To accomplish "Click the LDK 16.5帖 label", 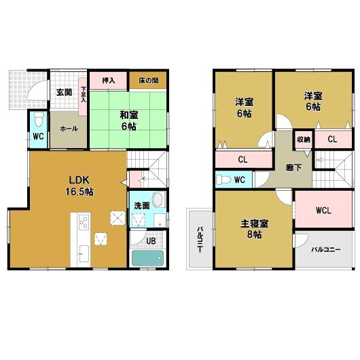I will coord(80,185).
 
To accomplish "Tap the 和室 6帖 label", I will coord(129,120).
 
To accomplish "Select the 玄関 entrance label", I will coord(64,92).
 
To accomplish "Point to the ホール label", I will coord(68,128).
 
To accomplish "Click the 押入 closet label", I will coord(109,80).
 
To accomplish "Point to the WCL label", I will coord(323,210).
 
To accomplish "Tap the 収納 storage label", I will coord(303,139).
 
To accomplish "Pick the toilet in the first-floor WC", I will coord(39,121).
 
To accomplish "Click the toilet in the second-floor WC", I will coord(223,180).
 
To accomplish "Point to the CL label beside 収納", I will coord(334,139).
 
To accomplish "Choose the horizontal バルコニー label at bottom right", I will coord(325,249).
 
